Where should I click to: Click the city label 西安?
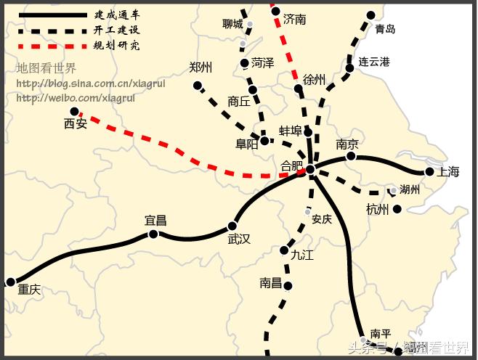(76, 124)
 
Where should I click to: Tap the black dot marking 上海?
(429, 172)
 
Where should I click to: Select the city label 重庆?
(29, 290)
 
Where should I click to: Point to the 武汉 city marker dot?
(232, 226)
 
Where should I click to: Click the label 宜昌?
(155, 220)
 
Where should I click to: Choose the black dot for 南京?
(351, 156)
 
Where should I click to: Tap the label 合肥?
(292, 168)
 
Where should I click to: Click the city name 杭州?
(378, 210)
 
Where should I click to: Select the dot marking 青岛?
(371, 15)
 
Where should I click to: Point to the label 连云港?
(374, 62)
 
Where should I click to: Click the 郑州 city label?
(200, 67)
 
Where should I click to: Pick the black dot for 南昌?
(288, 286)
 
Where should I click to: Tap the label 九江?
(301, 255)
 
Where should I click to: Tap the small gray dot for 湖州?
(393, 191)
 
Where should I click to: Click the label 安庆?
(321, 218)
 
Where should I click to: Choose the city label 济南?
(295, 19)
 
